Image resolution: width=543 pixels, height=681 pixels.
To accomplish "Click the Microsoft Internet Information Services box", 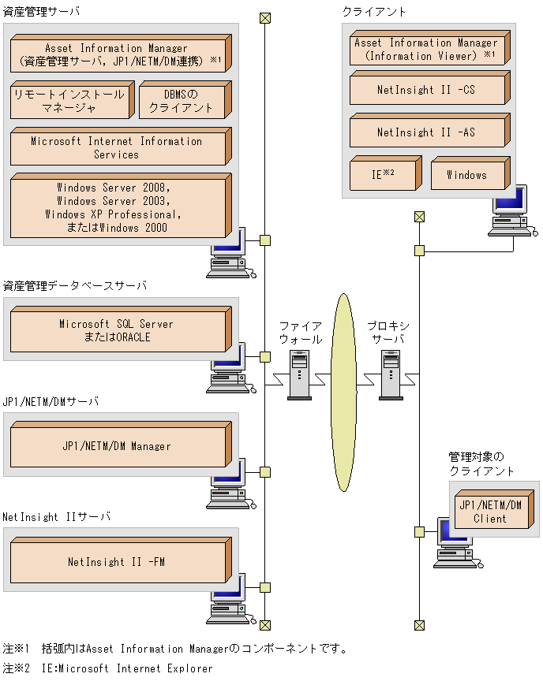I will (x=117, y=148).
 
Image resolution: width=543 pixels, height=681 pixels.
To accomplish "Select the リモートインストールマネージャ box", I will (x=69, y=101).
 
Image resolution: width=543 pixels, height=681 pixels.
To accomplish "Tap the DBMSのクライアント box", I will (x=182, y=101).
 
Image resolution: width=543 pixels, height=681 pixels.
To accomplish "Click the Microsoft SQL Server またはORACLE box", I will (x=117, y=330).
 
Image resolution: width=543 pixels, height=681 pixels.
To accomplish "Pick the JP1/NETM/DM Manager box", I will (x=117, y=446).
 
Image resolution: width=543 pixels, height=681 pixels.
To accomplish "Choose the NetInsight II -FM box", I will (x=117, y=562).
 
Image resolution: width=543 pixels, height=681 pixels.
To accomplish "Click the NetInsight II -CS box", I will (x=425, y=90).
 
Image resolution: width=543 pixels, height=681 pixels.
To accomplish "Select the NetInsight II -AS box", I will (x=425, y=132).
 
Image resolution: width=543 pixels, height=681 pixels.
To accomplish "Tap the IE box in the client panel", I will (x=384, y=174).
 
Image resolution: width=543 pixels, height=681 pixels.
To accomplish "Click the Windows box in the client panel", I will (x=466, y=174).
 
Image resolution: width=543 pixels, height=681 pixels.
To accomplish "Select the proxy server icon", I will (x=390, y=375).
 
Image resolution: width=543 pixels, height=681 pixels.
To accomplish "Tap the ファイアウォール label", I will (x=301, y=333).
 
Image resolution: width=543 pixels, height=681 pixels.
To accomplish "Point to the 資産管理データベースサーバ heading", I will (x=75, y=285).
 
